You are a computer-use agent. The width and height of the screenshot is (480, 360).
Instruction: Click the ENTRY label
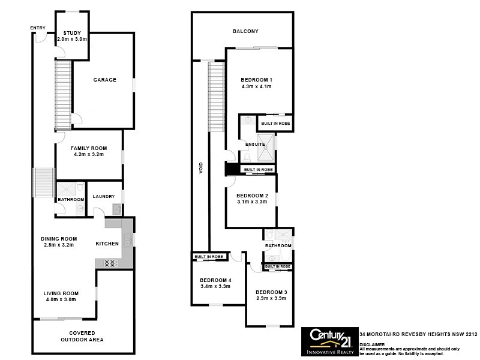[x=38, y=28]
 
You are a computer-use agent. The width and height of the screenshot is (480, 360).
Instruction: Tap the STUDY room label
[x=72, y=33]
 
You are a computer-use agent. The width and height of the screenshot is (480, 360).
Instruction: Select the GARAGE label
[x=104, y=80]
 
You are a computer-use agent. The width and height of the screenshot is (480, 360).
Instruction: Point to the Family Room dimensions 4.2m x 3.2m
[x=88, y=155]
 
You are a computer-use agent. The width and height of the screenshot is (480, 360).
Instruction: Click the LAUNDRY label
[x=104, y=197]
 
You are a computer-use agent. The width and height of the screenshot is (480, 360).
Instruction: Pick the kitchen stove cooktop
[x=110, y=263]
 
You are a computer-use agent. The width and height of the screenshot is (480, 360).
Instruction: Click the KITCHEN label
[x=108, y=244]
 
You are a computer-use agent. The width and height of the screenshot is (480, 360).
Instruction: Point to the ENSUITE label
[x=247, y=143]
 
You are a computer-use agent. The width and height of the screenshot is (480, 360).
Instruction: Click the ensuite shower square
[x=267, y=148]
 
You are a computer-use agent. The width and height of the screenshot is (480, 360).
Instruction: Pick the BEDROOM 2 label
[x=251, y=196]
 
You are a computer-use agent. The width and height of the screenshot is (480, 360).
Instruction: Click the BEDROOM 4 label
[x=215, y=280]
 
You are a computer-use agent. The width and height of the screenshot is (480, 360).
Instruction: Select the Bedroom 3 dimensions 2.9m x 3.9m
[x=271, y=299]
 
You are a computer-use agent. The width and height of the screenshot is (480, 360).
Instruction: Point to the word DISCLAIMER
[x=373, y=344]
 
